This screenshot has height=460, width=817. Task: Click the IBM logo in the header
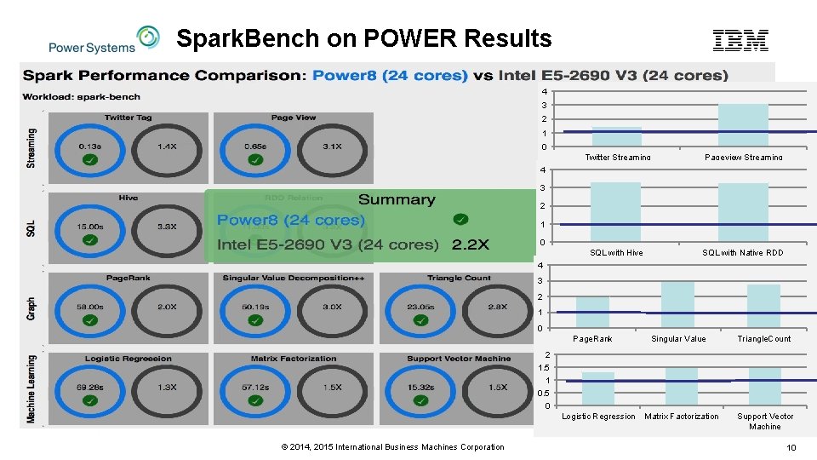pyautogui.click(x=740, y=39)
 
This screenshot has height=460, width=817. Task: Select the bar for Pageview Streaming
pyautogui.click(x=743, y=125)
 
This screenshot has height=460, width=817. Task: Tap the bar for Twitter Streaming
pyautogui.click(x=616, y=137)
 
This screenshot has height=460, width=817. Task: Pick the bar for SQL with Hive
pyautogui.click(x=615, y=212)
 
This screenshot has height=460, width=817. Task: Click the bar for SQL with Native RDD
pyautogui.click(x=743, y=213)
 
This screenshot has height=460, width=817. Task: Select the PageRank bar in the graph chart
pyautogui.click(x=592, y=312)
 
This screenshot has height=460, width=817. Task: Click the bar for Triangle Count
pyautogui.click(x=763, y=306)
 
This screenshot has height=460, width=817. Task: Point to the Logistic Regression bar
pyautogui.click(x=597, y=388)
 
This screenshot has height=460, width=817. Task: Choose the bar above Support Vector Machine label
pyautogui.click(x=764, y=386)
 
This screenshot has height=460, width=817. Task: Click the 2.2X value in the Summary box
pyautogui.click(x=471, y=244)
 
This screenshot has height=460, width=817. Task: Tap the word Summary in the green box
pyautogui.click(x=397, y=199)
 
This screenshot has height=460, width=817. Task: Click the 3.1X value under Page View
pyautogui.click(x=331, y=147)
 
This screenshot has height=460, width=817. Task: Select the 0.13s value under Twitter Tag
pyautogui.click(x=90, y=146)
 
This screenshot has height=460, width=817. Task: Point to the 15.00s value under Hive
pyautogui.click(x=90, y=227)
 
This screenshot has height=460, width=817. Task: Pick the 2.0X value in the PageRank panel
pyautogui.click(x=167, y=307)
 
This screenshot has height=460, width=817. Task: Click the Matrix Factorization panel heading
pyautogui.click(x=294, y=359)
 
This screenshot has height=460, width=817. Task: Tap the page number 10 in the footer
pyautogui.click(x=791, y=448)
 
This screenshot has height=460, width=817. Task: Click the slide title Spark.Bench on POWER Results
pyautogui.click(x=363, y=38)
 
